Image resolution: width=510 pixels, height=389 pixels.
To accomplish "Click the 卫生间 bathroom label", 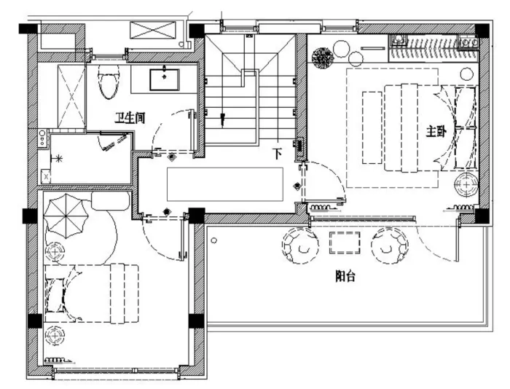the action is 130,117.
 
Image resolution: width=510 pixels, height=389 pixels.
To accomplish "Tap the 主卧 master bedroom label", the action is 436,131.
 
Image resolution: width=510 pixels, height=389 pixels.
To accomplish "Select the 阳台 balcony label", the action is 345,276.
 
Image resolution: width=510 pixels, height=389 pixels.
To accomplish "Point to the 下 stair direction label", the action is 277,153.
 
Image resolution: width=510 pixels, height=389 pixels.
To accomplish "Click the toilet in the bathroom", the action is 109,82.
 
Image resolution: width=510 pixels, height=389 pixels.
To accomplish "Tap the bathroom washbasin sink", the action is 164,79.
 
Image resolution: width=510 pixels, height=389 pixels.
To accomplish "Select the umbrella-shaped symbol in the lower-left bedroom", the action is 66,216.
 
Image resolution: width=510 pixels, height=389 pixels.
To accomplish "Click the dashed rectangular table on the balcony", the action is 345,243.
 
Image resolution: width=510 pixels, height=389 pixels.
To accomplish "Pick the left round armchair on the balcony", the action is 300,245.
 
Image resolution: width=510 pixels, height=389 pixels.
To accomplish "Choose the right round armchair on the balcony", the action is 389,245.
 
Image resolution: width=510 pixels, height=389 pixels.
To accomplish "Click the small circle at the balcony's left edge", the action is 214,240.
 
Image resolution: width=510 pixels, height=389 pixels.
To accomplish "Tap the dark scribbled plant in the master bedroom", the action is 322,58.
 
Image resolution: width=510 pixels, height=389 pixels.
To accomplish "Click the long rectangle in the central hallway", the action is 225,184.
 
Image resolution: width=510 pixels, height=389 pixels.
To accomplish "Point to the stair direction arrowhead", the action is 223,119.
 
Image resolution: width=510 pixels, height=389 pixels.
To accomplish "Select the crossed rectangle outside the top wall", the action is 152,31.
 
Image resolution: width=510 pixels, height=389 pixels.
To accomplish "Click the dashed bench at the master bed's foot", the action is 372,127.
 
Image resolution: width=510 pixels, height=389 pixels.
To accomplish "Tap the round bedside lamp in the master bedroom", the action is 466,185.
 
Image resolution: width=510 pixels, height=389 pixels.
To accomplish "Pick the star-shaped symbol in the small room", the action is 59,159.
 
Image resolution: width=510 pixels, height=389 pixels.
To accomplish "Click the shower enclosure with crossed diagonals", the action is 72,96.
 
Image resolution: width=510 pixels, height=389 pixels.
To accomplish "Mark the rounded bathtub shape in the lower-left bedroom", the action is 111,200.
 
